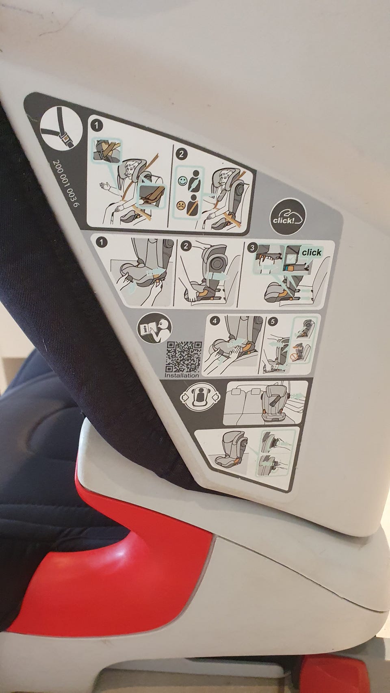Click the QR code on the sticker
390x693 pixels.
[x=184, y=357]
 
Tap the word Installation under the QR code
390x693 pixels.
[x=182, y=375]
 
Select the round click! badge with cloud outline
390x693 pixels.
[x=288, y=216]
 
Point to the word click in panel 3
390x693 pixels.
[x=312, y=253]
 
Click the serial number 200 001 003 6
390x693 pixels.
[x=65, y=183]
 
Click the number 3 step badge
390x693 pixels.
[x=253, y=248]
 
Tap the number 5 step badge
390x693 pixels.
[x=273, y=322]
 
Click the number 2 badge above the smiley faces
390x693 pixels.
[x=182, y=154]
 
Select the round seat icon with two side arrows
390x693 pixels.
[x=201, y=396]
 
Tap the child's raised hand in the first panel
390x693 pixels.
[x=105, y=186]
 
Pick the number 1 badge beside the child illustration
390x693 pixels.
[x=97, y=125]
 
